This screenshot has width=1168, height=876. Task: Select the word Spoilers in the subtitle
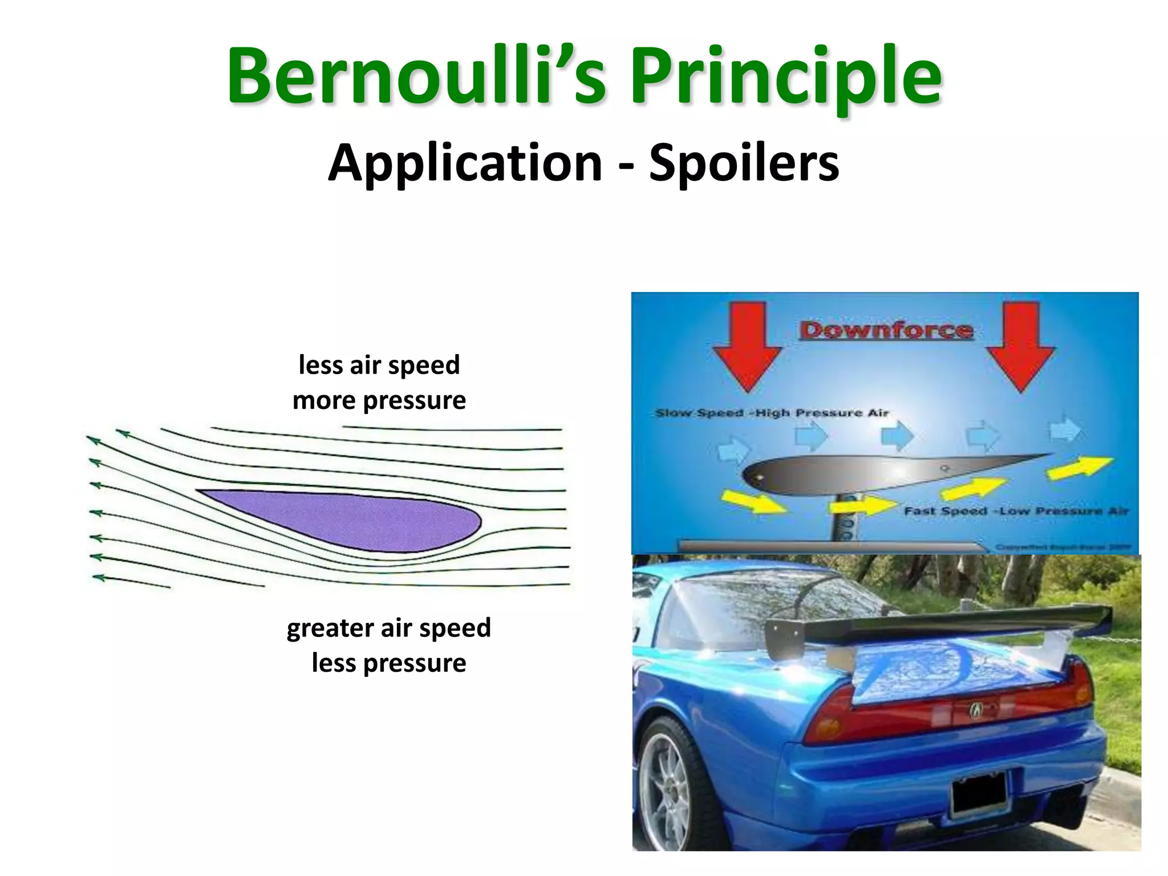(x=744, y=163)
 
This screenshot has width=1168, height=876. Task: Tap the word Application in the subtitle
(x=465, y=163)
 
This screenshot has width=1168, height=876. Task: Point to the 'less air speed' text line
(x=379, y=365)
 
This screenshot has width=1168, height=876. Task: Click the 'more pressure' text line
(x=379, y=400)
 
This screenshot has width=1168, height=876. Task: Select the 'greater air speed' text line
(x=388, y=628)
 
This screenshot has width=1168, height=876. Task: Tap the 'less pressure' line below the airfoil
(x=388, y=663)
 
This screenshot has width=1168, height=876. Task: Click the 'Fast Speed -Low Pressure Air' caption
(x=1016, y=511)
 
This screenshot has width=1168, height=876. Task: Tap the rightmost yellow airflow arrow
(x=1080, y=467)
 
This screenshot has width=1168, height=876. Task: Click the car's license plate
(x=979, y=793)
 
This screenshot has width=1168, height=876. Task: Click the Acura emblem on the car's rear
(x=976, y=710)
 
